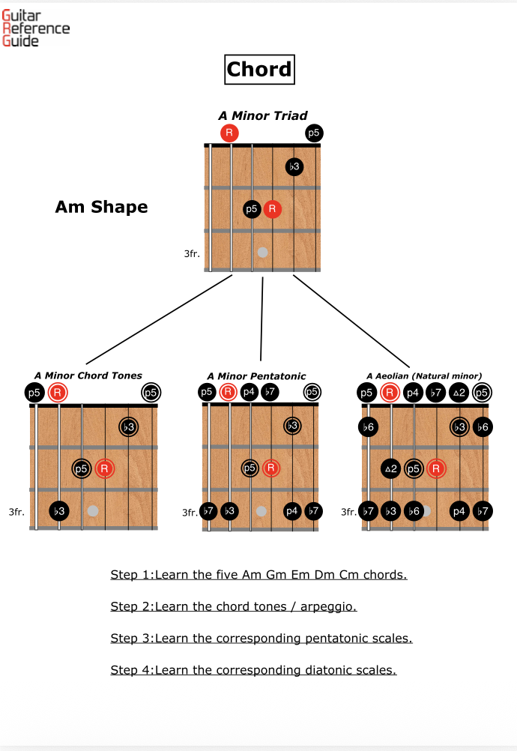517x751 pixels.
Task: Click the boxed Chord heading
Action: pos(259,70)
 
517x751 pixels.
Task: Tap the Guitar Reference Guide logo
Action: pos(36,28)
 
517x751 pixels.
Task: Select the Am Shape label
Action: pos(101,207)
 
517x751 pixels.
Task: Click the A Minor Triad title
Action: pos(263,115)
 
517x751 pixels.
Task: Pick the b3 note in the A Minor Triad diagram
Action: pos(294,166)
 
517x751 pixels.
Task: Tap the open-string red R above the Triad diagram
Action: pos(229,133)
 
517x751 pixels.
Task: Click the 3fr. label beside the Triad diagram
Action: pos(192,253)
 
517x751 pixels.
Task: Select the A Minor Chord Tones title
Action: pos(88,375)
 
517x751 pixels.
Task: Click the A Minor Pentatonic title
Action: pos(256,376)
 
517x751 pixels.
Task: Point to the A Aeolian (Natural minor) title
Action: pos(424,376)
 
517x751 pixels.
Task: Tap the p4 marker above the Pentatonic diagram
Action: pos(249,392)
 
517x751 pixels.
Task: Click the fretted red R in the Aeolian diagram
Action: pos(436,468)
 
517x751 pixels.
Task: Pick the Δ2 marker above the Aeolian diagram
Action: pos(459,393)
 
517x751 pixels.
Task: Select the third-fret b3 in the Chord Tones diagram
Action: pos(59,511)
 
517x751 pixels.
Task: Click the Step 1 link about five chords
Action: pos(258,575)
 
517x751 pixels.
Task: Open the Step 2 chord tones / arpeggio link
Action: pos(234,607)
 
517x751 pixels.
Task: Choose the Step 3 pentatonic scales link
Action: pos(261,639)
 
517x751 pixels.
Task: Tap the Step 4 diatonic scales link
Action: pos(254,670)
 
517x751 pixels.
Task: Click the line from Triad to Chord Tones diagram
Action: pos(159,319)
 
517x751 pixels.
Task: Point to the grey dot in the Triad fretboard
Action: pos(262,252)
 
